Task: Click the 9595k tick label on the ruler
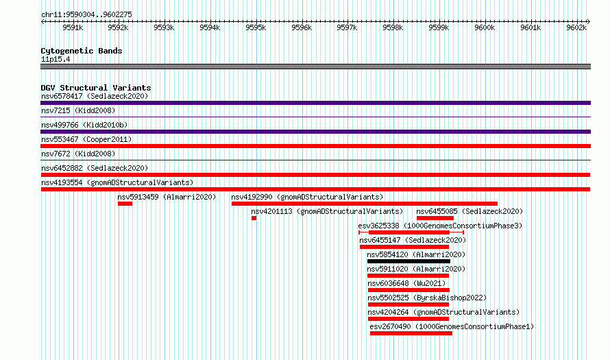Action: click(256, 27)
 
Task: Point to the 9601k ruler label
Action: click(530, 27)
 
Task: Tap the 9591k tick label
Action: click(73, 27)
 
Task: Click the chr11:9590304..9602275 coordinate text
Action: click(86, 14)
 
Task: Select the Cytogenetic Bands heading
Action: click(82, 51)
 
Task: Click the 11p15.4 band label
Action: click(56, 59)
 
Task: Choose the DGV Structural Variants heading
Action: click(96, 88)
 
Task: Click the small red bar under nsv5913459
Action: click(125, 204)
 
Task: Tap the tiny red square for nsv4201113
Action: click(254, 218)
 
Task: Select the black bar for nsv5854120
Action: click(408, 261)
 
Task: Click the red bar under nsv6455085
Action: click(435, 218)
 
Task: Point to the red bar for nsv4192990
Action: click(365, 204)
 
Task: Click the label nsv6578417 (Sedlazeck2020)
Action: click(95, 96)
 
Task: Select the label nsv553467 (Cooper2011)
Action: click(86, 139)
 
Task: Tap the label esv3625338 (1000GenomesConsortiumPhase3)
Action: click(440, 226)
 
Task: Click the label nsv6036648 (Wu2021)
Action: click(406, 283)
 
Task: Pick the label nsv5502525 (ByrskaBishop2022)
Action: click(427, 298)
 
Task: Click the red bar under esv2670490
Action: click(411, 333)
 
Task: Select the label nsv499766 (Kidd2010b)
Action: click(84, 125)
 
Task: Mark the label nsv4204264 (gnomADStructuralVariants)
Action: click(443, 312)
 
